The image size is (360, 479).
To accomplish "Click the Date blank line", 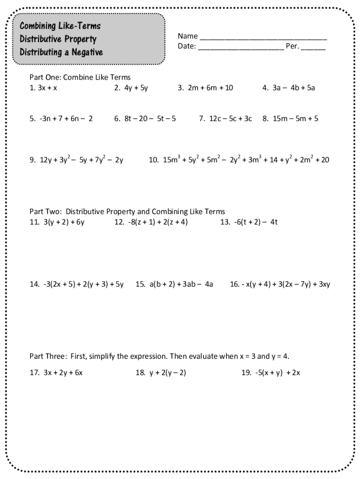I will (x=241, y=48).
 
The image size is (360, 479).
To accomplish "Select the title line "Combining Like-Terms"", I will (x=60, y=26).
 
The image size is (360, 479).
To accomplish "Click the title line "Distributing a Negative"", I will (x=61, y=52).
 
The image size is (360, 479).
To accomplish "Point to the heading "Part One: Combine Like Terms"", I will (x=80, y=77).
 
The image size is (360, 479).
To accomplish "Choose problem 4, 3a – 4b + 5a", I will (x=288, y=87).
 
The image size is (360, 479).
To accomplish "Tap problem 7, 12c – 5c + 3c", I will (x=225, y=119).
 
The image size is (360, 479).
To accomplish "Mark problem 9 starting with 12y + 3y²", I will (x=76, y=160).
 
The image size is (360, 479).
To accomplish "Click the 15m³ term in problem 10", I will (x=172, y=160).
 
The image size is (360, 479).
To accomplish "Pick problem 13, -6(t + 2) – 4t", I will (x=249, y=222).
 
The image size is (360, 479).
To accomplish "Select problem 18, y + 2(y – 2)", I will (x=161, y=373).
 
